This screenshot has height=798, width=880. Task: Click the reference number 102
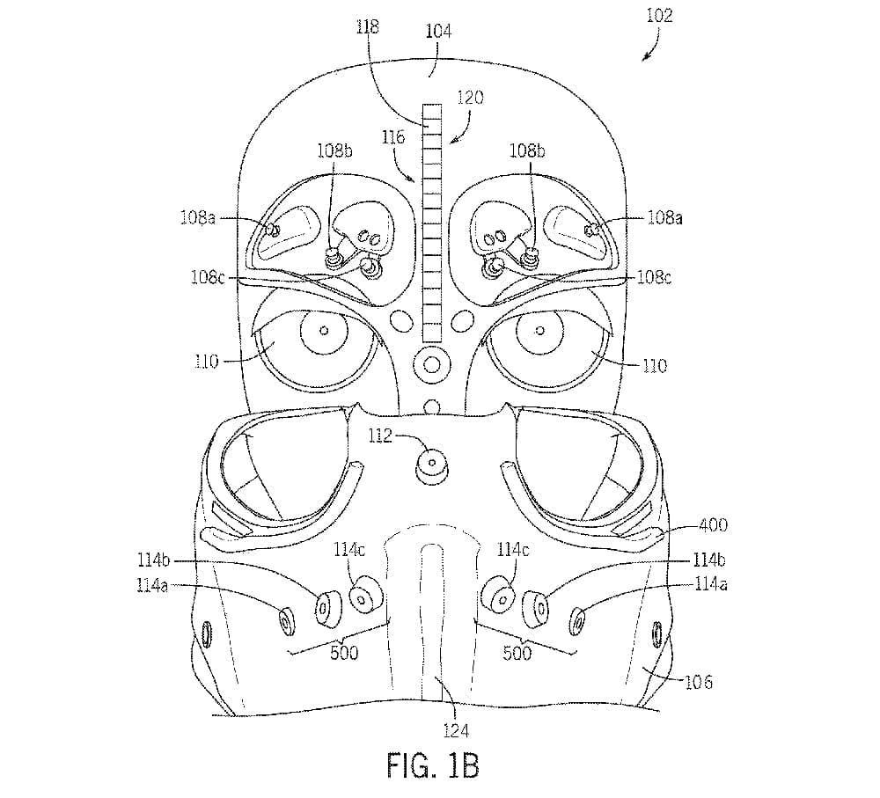pos(660,16)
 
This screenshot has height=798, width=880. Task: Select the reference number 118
pos(369,26)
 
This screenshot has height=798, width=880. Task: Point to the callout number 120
pos(469,98)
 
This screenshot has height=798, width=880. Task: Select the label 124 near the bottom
pos(456,729)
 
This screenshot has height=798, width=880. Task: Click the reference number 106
pos(697,682)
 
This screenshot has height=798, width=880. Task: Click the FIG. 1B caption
pos(433,765)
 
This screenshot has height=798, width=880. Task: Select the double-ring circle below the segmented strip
pos(431,362)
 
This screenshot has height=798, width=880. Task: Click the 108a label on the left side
pos(200,216)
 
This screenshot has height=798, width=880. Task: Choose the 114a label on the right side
pos(711,582)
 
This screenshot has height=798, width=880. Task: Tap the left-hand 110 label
pos(206,362)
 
